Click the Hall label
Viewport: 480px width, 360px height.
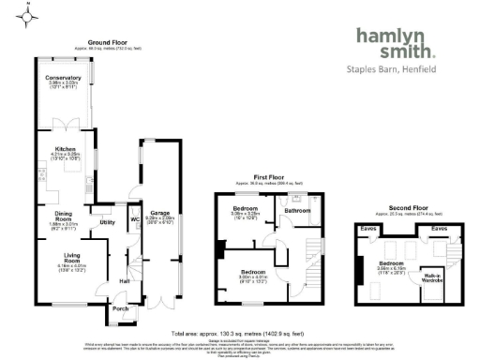pyautogui.click(x=125, y=279)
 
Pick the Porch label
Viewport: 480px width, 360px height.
pyautogui.click(x=120, y=307)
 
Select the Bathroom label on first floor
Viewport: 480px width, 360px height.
pyautogui.click(x=297, y=211)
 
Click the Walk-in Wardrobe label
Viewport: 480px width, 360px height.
pyautogui.click(x=433, y=277)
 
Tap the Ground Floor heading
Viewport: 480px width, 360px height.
pyautogui.click(x=108, y=43)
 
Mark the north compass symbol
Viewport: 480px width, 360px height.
pyautogui.click(x=29, y=15)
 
